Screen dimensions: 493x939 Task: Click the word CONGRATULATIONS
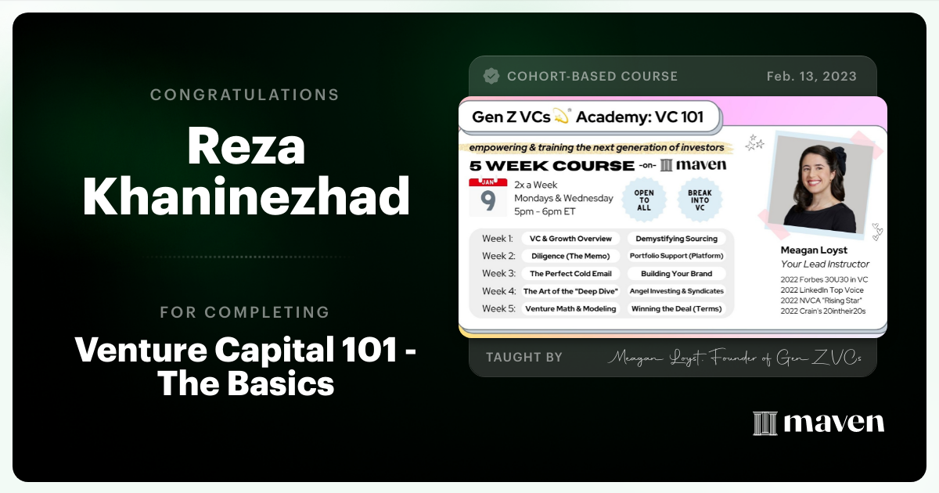click(x=245, y=95)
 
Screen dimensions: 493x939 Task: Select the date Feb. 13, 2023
click(x=811, y=77)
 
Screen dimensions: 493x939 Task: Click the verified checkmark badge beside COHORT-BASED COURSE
click(x=491, y=76)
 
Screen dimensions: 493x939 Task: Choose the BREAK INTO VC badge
click(x=699, y=198)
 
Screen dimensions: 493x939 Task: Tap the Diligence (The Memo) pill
click(x=570, y=256)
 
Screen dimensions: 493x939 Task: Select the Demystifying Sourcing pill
click(x=676, y=239)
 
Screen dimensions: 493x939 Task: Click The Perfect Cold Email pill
click(x=570, y=274)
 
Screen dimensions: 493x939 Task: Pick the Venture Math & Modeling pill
click(x=570, y=308)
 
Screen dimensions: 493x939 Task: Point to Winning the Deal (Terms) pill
click(x=676, y=308)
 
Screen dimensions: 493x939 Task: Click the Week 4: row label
click(x=498, y=291)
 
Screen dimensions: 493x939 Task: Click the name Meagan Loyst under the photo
click(x=814, y=250)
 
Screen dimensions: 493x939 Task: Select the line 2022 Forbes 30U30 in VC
click(x=824, y=279)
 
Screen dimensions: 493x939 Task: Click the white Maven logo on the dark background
click(x=818, y=423)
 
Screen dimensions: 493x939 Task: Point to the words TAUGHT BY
click(x=524, y=357)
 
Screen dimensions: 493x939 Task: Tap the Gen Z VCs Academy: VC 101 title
click(x=588, y=117)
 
